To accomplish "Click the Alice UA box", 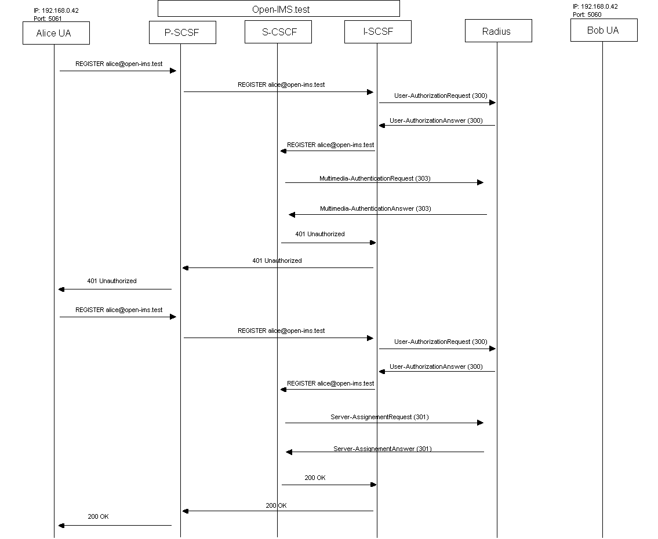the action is (56, 33).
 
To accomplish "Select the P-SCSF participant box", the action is (183, 32).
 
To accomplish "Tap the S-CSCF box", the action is (278, 32).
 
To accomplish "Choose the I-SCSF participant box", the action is (377, 31).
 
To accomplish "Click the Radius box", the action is (499, 31).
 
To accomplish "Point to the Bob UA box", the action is (604, 30).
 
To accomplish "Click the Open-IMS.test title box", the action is (279, 9).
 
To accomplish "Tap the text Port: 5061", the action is (48, 19).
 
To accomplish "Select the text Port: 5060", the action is (587, 14).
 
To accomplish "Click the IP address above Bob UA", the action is (595, 6).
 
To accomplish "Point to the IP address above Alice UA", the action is (56, 10).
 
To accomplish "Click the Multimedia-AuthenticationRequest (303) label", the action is (375, 178).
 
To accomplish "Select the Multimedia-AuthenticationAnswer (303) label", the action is (376, 209).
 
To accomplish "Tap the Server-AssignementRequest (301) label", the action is (379, 417).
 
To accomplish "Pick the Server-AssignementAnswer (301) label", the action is (382, 449).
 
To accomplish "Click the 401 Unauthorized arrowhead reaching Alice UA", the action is (61, 289).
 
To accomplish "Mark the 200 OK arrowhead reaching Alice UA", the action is (61, 526).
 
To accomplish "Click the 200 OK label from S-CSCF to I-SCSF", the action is (315, 478).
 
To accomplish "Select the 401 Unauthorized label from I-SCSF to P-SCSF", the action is (277, 261).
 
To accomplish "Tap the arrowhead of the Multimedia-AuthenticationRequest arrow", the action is (481, 182).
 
